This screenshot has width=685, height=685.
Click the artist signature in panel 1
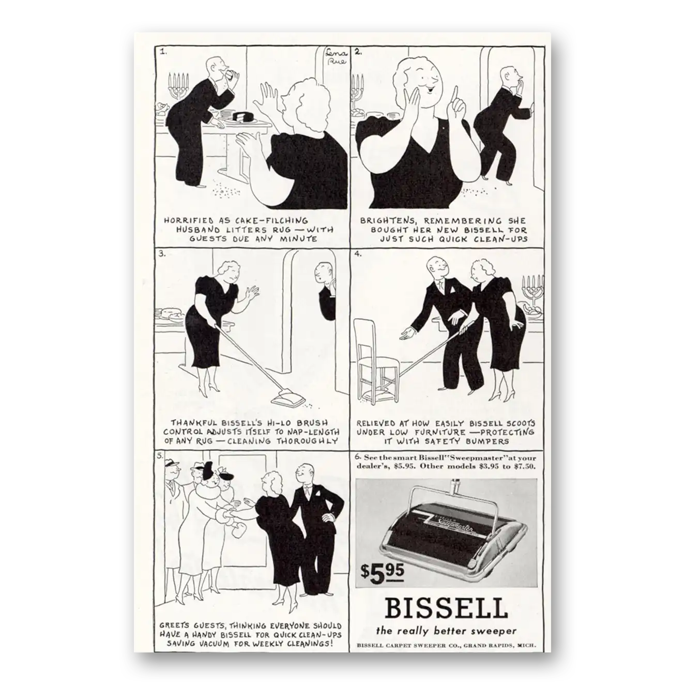(336, 56)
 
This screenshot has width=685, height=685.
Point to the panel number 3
(162, 254)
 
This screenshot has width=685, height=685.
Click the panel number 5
(160, 455)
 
